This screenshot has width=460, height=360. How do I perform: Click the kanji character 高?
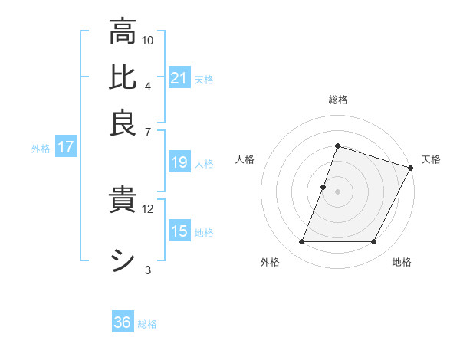pyautogui.click(x=123, y=32)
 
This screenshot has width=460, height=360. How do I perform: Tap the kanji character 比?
pyautogui.click(x=123, y=77)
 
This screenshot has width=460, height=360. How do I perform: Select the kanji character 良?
pyautogui.click(x=123, y=123)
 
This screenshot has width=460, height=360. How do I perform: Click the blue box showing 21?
pyautogui.click(x=179, y=77)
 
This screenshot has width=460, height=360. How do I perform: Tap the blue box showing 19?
pyautogui.click(x=179, y=163)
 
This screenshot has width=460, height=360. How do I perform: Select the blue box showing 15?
pyautogui.click(x=179, y=231)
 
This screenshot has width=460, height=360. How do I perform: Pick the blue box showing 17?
pyautogui.click(x=65, y=148)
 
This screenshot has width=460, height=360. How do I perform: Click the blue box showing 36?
pyautogui.click(x=123, y=322)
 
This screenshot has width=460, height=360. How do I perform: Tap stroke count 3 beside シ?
pyautogui.click(x=148, y=269)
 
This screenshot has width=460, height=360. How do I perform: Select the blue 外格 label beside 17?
pyautogui.click(x=41, y=149)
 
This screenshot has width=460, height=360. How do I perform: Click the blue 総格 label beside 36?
pyautogui.click(x=147, y=324)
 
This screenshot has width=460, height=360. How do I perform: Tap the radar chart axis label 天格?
pyautogui.click(x=431, y=159)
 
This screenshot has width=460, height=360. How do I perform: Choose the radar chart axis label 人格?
pyautogui.click(x=245, y=159)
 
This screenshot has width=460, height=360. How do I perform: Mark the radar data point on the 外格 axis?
pyautogui.click(x=301, y=242)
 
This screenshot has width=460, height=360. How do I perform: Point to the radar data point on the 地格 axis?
pyautogui.click(x=374, y=242)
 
